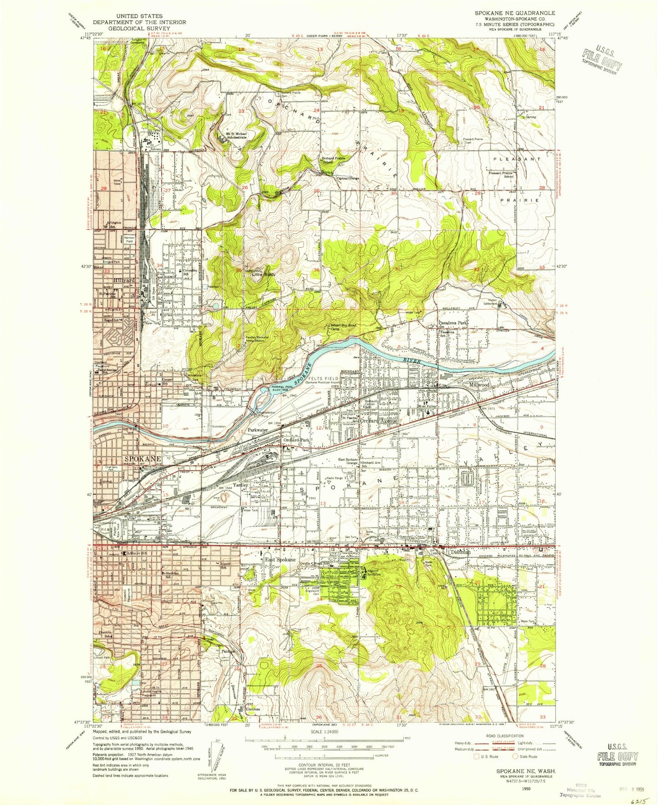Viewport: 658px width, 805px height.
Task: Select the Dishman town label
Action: click(x=460, y=552)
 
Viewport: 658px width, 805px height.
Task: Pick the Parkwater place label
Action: click(x=259, y=430)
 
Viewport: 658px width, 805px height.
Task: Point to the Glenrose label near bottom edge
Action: click(x=253, y=709)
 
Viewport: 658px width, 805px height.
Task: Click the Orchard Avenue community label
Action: click(x=379, y=421)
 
